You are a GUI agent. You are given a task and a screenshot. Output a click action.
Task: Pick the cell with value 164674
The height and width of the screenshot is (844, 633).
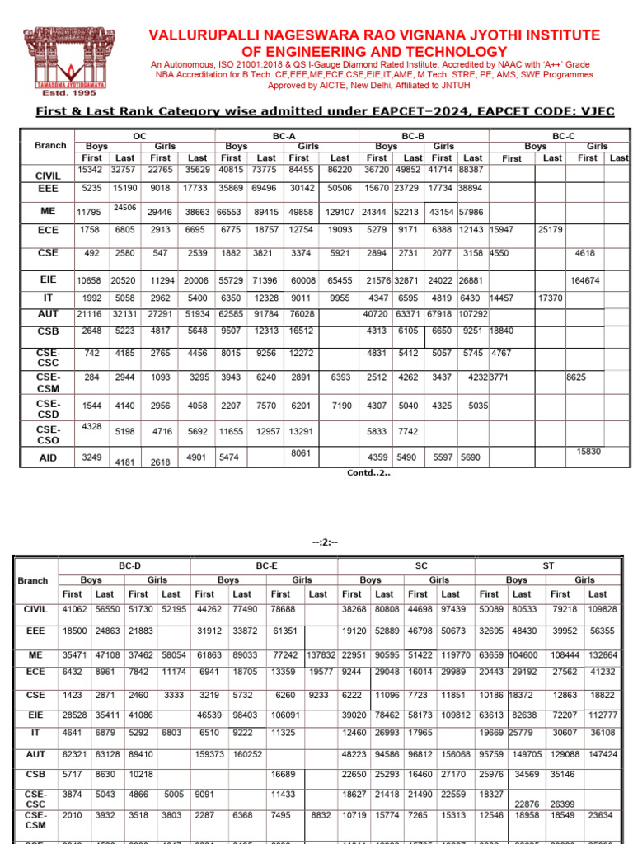(x=585, y=281)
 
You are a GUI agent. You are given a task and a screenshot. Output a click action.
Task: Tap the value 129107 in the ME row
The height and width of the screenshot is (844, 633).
(x=340, y=212)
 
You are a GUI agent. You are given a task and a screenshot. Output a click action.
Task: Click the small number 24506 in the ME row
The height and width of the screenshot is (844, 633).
(x=124, y=207)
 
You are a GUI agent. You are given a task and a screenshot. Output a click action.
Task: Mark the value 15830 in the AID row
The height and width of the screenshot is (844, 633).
(x=588, y=452)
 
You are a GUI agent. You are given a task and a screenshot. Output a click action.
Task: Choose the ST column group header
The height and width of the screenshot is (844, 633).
(x=548, y=566)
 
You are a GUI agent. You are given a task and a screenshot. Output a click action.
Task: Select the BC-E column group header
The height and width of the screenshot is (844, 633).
(x=265, y=566)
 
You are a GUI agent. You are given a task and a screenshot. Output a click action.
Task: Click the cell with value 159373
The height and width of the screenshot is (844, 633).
(x=209, y=753)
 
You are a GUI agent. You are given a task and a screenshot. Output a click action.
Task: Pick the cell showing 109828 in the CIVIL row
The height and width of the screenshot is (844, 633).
(x=601, y=609)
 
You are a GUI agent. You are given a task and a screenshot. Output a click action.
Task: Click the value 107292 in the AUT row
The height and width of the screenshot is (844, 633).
(x=473, y=314)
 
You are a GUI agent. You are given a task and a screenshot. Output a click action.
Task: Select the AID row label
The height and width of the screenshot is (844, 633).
(x=49, y=457)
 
